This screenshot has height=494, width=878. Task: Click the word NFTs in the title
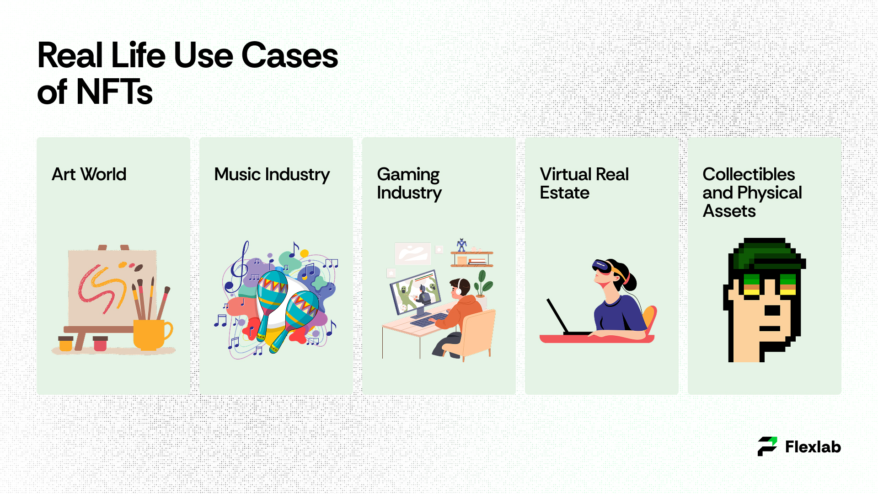[x=114, y=92]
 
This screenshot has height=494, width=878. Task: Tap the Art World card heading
[x=89, y=174]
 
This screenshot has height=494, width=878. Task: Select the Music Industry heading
[x=272, y=175]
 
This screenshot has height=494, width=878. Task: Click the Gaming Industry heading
[x=409, y=184]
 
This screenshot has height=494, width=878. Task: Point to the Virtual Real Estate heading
[x=584, y=183]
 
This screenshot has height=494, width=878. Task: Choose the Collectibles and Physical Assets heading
[x=752, y=193]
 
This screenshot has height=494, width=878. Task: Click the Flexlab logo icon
[x=767, y=446]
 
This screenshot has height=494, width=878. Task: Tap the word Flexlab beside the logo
[x=813, y=447]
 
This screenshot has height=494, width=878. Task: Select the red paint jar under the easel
[x=100, y=344]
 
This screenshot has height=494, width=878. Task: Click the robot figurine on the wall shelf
[x=462, y=245]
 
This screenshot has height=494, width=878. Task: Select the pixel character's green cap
[x=769, y=254]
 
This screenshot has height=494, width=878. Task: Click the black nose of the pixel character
[x=772, y=311]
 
